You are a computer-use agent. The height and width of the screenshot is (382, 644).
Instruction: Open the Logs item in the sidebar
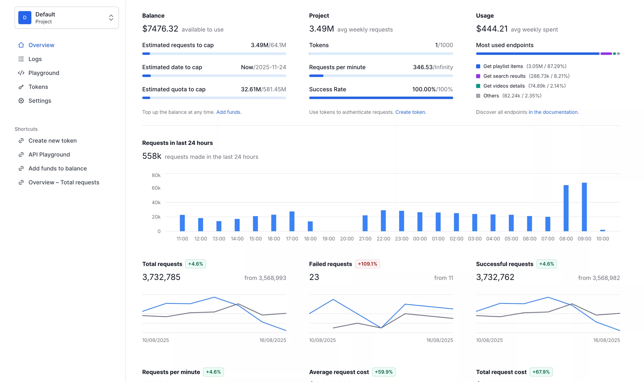pyautogui.click(x=35, y=59)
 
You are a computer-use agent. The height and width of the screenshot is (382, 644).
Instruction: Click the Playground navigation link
pyautogui.click(x=44, y=73)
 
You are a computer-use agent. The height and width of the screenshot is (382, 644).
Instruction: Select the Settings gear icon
pyautogui.click(x=21, y=101)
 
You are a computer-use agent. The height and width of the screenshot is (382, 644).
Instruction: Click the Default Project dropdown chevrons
pyautogui.click(x=111, y=18)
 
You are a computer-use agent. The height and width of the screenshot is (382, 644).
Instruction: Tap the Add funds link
pyautogui.click(x=229, y=112)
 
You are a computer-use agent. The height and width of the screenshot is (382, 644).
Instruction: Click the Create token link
pyautogui.click(x=410, y=112)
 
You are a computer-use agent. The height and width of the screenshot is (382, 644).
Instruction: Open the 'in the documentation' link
pyautogui.click(x=553, y=112)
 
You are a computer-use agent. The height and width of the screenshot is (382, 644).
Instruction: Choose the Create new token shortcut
pyautogui.click(x=52, y=141)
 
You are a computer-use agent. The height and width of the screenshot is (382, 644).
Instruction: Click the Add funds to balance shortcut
pyautogui.click(x=57, y=168)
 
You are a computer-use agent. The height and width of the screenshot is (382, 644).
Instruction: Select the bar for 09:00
pyautogui.click(x=584, y=207)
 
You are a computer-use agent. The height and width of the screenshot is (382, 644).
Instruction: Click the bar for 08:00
pyautogui.click(x=566, y=208)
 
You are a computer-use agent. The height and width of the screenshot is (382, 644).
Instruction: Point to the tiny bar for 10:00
pyautogui.click(x=602, y=230)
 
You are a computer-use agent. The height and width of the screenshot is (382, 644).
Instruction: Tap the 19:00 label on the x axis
pyautogui.click(x=328, y=239)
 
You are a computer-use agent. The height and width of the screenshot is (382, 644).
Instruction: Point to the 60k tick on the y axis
pyautogui.click(x=156, y=188)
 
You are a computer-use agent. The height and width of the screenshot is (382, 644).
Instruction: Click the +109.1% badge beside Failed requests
pyautogui.click(x=367, y=264)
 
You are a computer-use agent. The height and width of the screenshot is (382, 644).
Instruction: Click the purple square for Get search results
pyautogui.click(x=478, y=76)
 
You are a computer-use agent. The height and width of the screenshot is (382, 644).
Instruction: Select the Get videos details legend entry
pyautogui.click(x=504, y=86)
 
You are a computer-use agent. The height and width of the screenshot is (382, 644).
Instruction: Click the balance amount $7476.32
pyautogui.click(x=160, y=29)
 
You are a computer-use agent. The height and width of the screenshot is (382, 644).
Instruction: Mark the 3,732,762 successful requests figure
pyautogui.click(x=495, y=277)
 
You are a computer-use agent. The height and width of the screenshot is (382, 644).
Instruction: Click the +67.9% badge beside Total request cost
pyautogui.click(x=541, y=372)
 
